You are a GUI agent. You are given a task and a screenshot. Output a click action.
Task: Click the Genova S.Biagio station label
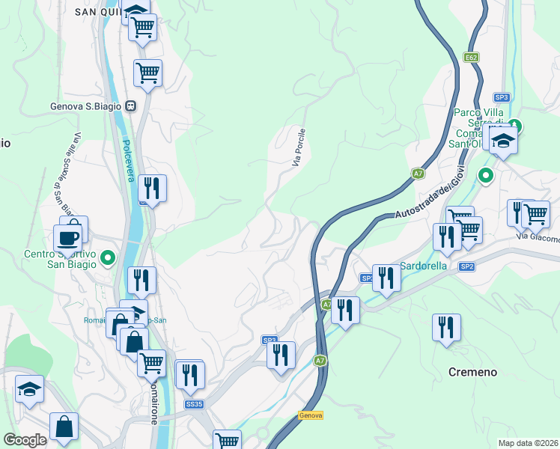(86, 107)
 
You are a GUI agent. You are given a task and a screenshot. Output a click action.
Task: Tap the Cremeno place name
(473, 371)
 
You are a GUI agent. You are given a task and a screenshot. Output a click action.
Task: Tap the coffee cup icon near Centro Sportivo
(67, 239)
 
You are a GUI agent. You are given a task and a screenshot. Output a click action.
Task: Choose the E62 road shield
(470, 57)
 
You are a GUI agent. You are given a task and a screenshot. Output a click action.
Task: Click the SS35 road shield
(194, 405)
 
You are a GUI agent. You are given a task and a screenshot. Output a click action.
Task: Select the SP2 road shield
(467, 266)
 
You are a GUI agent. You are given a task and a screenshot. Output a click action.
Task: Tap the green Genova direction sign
(310, 415)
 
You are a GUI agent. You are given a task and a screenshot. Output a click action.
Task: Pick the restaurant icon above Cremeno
(446, 328)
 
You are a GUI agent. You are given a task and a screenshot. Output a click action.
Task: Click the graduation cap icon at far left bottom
(29, 389)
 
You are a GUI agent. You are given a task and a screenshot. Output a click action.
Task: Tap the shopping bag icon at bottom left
(64, 427)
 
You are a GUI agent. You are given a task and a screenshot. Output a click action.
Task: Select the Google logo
(25, 440)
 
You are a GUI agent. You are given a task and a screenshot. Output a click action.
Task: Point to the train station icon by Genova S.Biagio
(130, 107)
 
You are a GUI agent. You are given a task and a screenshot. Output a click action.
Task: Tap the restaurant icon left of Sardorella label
(386, 278)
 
